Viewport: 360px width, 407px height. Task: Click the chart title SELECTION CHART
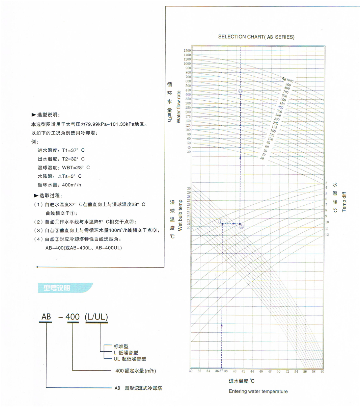click(256, 37)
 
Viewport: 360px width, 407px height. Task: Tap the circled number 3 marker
click(241, 91)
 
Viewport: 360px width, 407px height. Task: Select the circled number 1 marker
click(220, 222)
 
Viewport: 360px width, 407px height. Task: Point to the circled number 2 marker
click(242, 227)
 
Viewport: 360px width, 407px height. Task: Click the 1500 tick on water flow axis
click(187, 51)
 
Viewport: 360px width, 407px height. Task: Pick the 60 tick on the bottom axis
click(323, 371)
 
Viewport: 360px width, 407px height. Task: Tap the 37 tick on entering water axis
click(221, 371)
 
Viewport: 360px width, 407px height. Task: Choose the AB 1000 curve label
click(288, 80)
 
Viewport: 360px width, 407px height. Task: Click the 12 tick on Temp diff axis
click(327, 235)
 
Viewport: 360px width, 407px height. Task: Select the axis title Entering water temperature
click(258, 391)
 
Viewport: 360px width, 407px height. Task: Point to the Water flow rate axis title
click(179, 107)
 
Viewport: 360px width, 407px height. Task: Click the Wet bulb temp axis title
click(180, 215)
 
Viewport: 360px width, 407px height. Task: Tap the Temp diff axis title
click(344, 202)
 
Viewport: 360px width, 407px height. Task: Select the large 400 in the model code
click(73, 317)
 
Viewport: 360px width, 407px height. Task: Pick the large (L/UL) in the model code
click(96, 317)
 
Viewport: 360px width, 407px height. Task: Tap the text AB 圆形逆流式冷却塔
click(138, 388)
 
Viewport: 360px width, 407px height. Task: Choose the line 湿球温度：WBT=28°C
click(64, 168)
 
